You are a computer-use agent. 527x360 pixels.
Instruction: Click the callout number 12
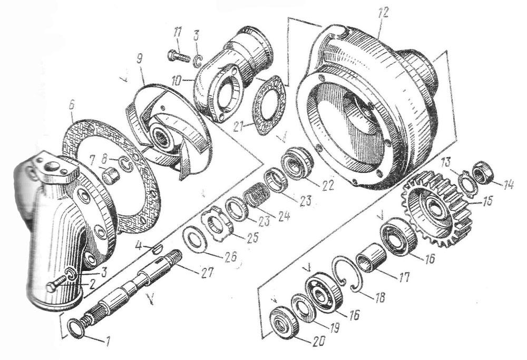tap(383, 13)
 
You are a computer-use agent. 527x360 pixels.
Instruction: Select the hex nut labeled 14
tap(483, 172)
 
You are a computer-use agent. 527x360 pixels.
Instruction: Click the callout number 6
tap(72, 105)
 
